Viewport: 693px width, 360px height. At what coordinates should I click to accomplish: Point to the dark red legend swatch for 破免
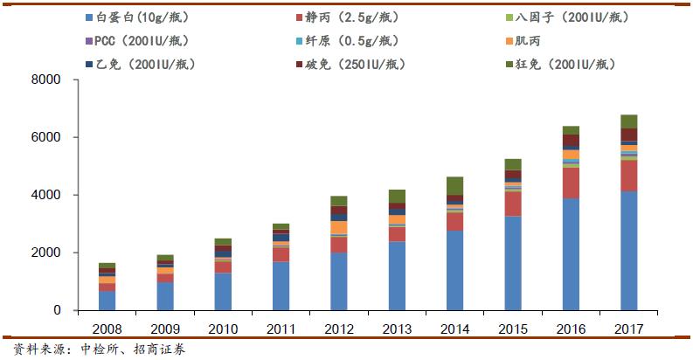298,65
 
